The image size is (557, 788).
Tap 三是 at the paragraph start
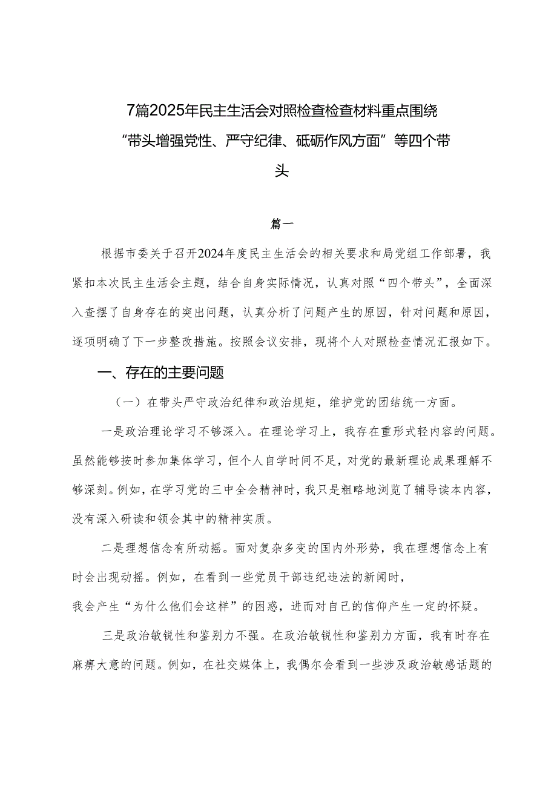click(x=114, y=637)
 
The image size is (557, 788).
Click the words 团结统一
click(x=364, y=402)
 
